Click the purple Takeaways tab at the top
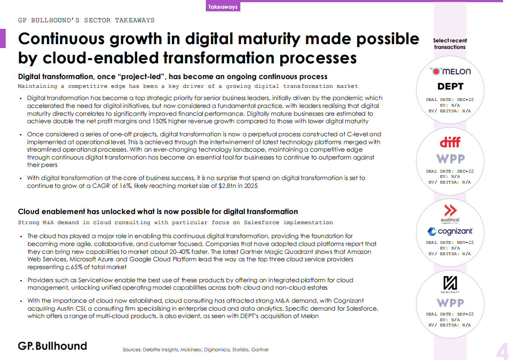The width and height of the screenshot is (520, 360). [223, 7]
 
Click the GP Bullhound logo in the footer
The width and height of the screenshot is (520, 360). [52, 346]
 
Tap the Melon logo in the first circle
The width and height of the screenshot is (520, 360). [450, 71]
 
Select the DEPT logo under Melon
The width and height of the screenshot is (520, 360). [450, 87]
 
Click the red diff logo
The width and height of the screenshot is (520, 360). [450, 142]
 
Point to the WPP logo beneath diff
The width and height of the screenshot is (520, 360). [451, 159]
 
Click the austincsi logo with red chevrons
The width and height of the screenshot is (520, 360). [450, 214]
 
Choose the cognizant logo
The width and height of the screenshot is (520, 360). [450, 231]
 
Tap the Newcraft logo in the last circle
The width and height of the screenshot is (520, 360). [450, 284]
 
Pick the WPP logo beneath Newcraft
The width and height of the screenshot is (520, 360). [451, 303]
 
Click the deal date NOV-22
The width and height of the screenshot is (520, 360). [465, 242]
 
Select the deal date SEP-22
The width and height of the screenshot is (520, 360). [465, 314]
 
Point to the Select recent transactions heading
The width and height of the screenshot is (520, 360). [450, 44]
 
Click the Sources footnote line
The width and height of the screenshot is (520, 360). [196, 350]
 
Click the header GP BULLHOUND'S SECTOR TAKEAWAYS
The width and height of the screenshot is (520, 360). [86, 20]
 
